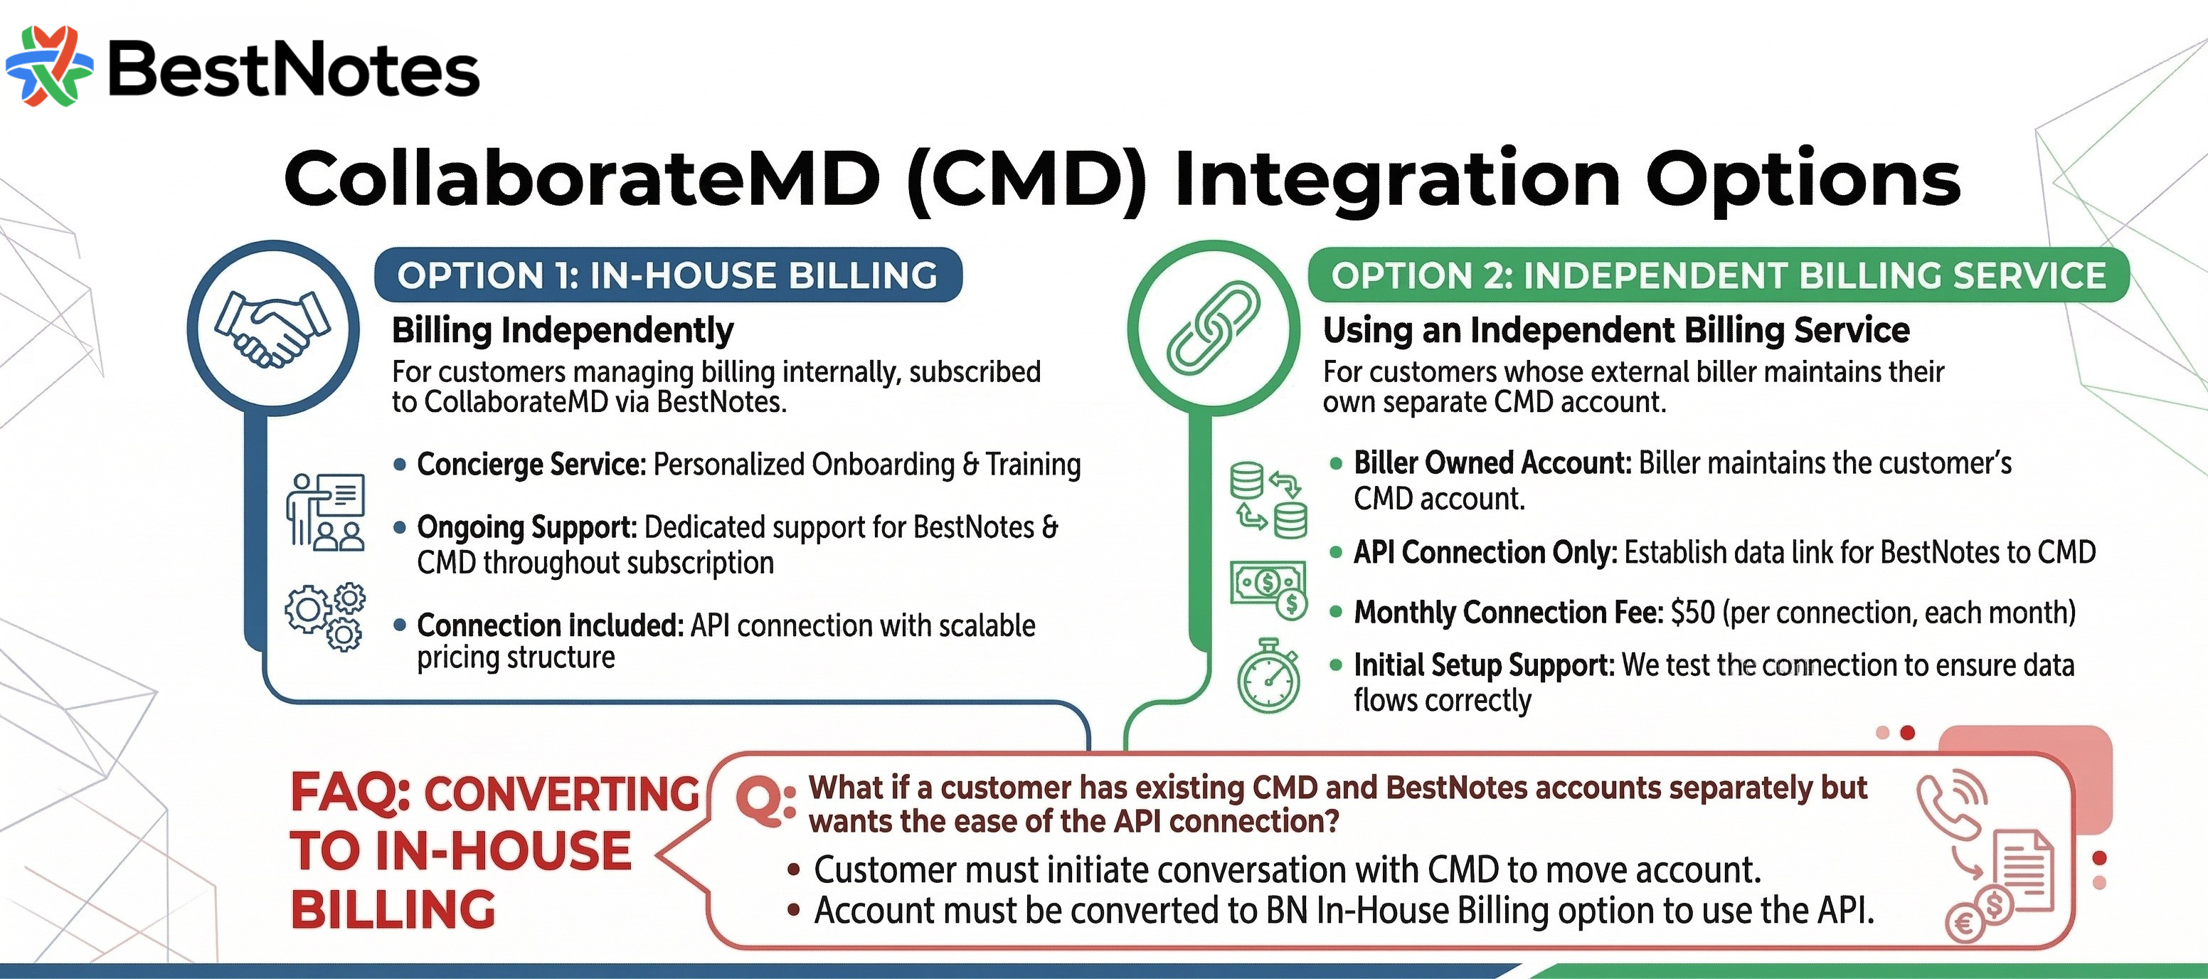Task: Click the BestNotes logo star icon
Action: coord(50,66)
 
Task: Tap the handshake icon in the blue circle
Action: coord(272,328)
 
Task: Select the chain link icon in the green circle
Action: coord(1213,327)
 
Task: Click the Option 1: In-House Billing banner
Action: coord(668,275)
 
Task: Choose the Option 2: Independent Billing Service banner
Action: coord(1718,275)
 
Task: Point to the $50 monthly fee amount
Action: coord(1692,612)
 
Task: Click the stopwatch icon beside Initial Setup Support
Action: coord(1268,677)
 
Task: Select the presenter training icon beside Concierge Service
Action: coord(326,511)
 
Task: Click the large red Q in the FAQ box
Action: coord(760,802)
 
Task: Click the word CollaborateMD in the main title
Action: coord(582,179)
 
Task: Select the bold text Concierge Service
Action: coord(531,464)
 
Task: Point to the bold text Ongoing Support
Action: coord(526,527)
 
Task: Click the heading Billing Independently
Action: coord(562,330)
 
